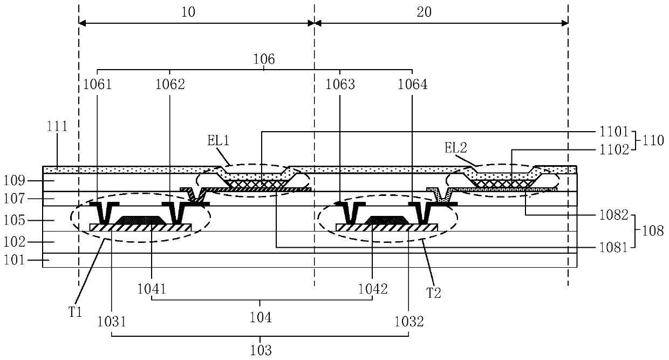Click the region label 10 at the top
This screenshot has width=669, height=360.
(x=188, y=12)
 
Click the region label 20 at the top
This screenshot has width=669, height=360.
(x=424, y=12)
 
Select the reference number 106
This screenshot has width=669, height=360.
(x=264, y=59)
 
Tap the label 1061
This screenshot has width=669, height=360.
(x=97, y=84)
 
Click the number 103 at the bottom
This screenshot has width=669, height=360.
(x=260, y=349)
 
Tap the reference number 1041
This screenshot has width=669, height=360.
(x=152, y=289)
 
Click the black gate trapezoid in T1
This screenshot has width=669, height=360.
(x=140, y=220)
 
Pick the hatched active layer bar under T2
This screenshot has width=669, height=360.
(x=386, y=228)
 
